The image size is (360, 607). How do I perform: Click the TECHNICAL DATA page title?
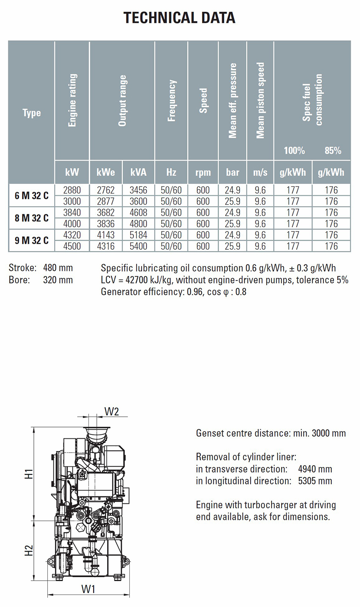coord(180,18)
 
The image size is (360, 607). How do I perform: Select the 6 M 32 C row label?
coord(31,196)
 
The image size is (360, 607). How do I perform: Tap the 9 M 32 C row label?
coord(31,241)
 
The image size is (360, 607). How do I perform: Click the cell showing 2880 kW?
coord(72,190)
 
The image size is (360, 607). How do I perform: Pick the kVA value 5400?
coord(138,246)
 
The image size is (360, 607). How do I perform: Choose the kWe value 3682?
coord(106,212)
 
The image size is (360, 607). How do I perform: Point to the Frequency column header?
coord(172,101)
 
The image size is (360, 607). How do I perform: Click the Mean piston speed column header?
coord(260,101)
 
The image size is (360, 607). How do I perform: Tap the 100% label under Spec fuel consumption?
coord(294,151)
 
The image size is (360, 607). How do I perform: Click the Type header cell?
coord(31,113)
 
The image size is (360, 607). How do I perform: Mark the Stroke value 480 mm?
coord(58,268)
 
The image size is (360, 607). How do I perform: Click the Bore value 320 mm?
coord(58,280)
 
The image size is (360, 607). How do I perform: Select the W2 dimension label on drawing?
coord(112,411)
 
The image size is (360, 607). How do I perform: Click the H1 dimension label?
coord(29,473)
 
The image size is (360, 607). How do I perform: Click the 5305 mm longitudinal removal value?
coord(315,481)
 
